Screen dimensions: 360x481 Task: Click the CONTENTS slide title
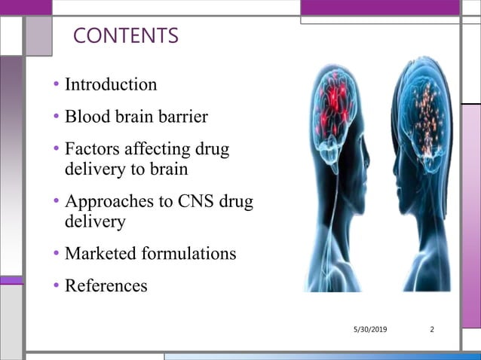click(x=126, y=35)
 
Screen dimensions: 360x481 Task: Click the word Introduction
click(x=111, y=84)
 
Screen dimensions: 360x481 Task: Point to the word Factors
click(x=90, y=149)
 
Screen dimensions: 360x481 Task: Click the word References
click(x=106, y=285)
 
